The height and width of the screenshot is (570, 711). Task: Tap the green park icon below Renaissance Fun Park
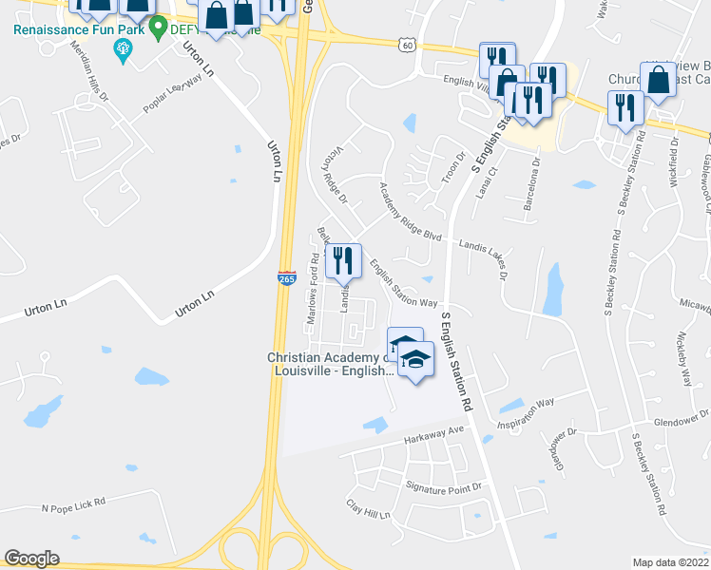click(x=122, y=49)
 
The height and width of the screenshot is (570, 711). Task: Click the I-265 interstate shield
click(x=286, y=278)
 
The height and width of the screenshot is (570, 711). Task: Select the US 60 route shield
click(x=408, y=45)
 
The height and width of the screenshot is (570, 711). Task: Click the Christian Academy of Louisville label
click(x=329, y=365)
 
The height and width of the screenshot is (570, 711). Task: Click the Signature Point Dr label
click(x=445, y=486)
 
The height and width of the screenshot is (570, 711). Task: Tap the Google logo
click(x=31, y=559)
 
